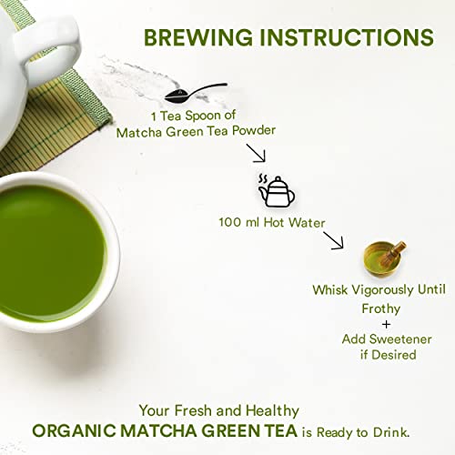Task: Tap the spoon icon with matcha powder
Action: pyautogui.click(x=195, y=92)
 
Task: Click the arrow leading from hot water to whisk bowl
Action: pyautogui.click(x=333, y=240)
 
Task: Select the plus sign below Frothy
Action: pyautogui.click(x=386, y=323)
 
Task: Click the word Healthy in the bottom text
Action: pyautogui.click(x=269, y=410)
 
